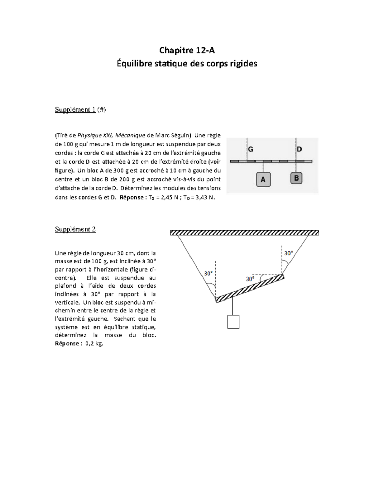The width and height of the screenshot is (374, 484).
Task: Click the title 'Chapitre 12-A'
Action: [187, 50]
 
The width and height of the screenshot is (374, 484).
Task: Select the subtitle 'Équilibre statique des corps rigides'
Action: [187, 64]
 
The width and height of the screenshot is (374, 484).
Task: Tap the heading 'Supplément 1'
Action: [75, 109]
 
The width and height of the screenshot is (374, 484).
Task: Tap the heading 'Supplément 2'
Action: [75, 229]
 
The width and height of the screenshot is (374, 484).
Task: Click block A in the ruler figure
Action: [263, 180]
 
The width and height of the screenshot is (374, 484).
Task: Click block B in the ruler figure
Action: [296, 178]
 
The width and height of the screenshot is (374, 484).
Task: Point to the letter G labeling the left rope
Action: [251, 149]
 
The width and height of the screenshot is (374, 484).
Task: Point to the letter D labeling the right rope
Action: [299, 149]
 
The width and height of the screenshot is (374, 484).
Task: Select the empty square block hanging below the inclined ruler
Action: [233, 322]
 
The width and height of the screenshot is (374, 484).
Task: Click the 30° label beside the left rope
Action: [209, 273]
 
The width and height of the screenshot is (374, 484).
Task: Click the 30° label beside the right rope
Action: [288, 253]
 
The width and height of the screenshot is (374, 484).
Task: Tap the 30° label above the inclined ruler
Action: [250, 279]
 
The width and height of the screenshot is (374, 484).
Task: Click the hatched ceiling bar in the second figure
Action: [244, 232]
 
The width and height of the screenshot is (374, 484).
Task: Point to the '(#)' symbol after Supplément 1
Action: [101, 109]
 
